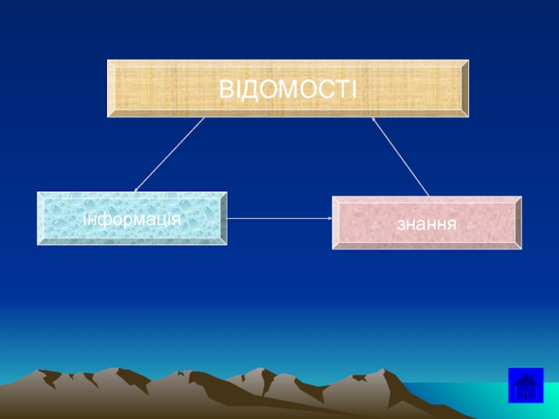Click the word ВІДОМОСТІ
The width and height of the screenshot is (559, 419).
coord(288,89)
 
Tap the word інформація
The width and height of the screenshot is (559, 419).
coord(132,219)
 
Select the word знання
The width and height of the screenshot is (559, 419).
coord(426,224)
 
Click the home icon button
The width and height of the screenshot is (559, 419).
coord(525,385)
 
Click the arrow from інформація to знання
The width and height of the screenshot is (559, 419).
coord(279,219)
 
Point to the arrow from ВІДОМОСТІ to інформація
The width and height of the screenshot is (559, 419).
coord(170,154)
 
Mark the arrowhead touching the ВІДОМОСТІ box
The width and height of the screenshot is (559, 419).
coord(374,120)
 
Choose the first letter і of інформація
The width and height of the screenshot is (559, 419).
coord(85,219)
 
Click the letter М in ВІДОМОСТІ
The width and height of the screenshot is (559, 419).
coord(289,89)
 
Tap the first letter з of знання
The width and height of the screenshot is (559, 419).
coord(400,225)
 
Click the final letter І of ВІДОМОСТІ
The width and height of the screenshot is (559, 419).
coord(354,89)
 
